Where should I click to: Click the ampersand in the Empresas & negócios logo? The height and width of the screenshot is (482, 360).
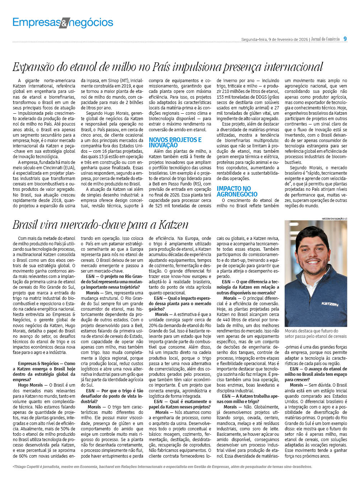click(64, 24)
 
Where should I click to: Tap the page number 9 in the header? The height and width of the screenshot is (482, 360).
click(345, 39)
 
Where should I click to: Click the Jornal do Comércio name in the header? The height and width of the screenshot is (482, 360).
click(325, 39)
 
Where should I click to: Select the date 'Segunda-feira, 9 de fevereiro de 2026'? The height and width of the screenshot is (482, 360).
click(275, 39)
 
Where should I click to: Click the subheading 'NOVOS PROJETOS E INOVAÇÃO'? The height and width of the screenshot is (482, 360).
click(175, 142)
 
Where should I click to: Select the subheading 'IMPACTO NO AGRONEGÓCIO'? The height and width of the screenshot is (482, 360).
click(237, 191)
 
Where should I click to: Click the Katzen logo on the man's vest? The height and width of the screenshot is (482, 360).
click(329, 304)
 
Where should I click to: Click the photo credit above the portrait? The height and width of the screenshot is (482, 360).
click(334, 218)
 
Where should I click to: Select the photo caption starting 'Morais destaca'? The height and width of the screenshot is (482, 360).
click(315, 334)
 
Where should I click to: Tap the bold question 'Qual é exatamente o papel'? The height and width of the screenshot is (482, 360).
click(180, 404)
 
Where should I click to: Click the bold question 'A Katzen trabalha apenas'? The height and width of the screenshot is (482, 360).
click(248, 399)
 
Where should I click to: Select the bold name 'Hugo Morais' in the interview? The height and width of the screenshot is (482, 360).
click(31, 385)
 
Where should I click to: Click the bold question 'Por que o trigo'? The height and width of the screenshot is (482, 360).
click(112, 393)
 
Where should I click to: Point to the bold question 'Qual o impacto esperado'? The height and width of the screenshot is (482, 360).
click(180, 301)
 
